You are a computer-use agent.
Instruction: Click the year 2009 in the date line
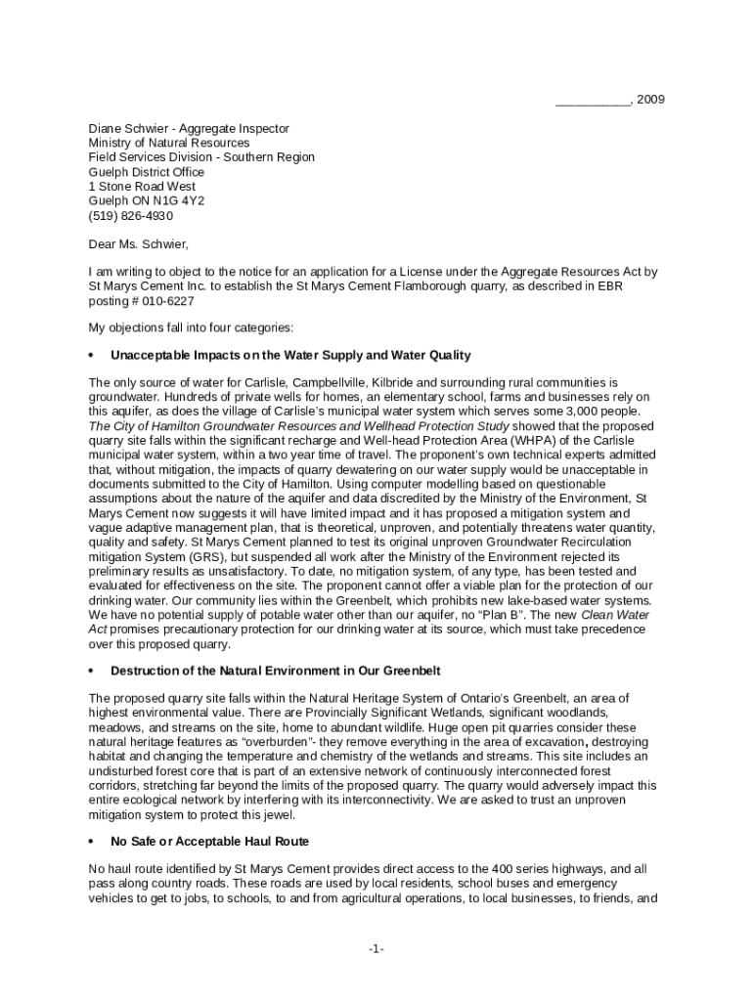tap(651, 101)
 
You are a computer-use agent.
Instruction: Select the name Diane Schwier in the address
tap(131, 128)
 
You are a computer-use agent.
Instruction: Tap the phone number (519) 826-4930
tap(131, 215)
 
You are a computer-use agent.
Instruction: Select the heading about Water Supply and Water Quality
tap(290, 354)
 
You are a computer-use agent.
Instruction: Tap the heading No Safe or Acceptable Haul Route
tap(210, 841)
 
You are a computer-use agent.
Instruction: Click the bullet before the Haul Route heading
tap(91, 841)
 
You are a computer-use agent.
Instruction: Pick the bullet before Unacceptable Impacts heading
tap(91, 354)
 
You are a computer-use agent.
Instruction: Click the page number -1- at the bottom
tap(376, 949)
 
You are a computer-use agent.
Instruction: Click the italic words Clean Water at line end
tap(614, 614)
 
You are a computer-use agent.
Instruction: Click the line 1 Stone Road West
tap(142, 186)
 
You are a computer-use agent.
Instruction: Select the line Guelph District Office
tap(147, 172)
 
